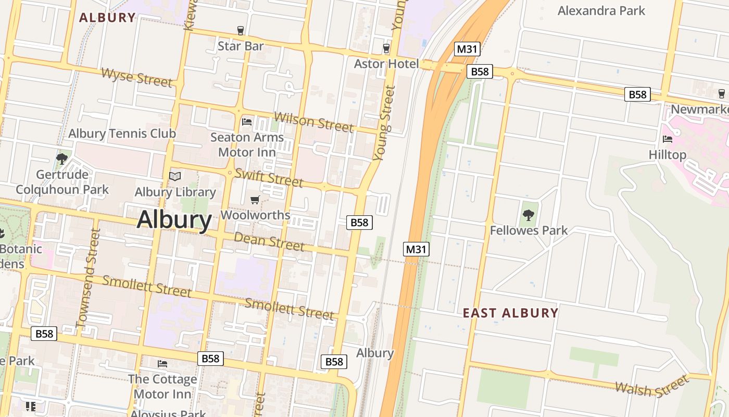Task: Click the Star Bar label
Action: click(x=241, y=46)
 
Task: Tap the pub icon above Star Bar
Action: click(x=241, y=31)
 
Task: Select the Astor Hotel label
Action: click(x=386, y=64)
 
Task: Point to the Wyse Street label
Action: click(x=136, y=77)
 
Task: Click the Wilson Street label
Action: click(x=313, y=122)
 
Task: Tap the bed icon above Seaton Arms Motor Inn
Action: click(x=247, y=122)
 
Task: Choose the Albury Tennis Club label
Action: click(x=122, y=133)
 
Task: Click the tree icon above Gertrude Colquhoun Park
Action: click(x=62, y=159)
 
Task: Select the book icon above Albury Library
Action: click(x=175, y=177)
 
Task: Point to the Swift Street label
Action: click(x=269, y=178)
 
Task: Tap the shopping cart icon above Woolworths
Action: click(x=255, y=200)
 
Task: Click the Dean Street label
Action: click(x=269, y=241)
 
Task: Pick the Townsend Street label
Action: click(x=87, y=278)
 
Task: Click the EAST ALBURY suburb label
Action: click(x=510, y=313)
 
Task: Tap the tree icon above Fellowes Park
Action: click(x=529, y=215)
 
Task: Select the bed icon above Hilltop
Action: click(x=667, y=139)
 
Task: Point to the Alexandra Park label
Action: click(x=601, y=10)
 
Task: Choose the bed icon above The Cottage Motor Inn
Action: click(x=162, y=363)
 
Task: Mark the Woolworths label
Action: click(x=255, y=215)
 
